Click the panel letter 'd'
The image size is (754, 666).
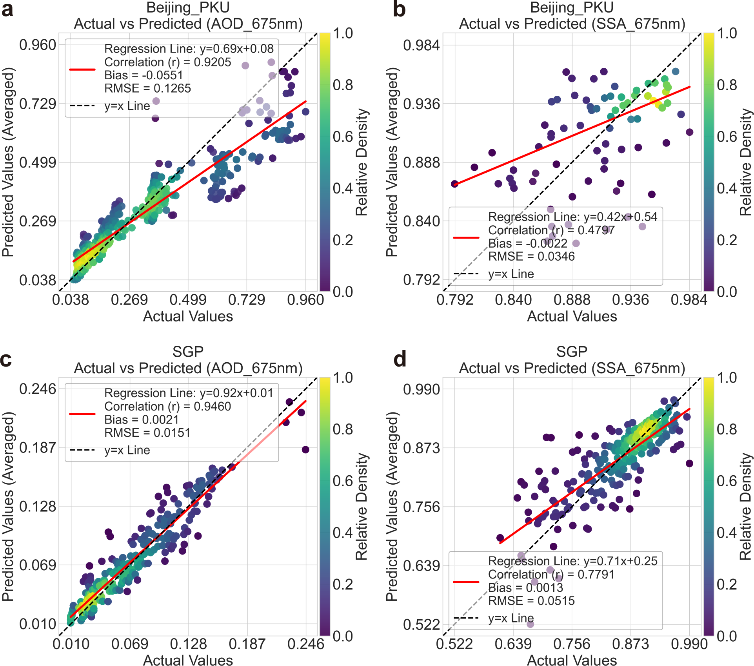point(400,359)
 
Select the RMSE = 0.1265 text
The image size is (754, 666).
point(147,88)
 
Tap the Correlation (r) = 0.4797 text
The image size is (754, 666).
point(551,230)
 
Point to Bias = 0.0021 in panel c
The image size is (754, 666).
point(142,420)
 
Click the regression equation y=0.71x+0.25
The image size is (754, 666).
point(620,561)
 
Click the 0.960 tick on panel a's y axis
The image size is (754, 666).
point(38,45)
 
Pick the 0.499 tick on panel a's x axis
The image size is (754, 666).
point(188,300)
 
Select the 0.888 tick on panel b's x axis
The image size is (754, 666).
point(572,300)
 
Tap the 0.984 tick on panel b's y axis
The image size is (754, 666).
point(422,45)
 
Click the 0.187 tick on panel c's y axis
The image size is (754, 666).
point(38,448)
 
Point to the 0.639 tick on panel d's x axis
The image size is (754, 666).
point(513,644)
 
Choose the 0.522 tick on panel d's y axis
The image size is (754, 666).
point(422,624)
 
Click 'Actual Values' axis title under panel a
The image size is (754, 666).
point(188,316)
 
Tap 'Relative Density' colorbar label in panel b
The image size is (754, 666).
point(745,162)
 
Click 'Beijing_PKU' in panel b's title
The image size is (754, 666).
point(572,7)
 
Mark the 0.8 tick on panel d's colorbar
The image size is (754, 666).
point(727,429)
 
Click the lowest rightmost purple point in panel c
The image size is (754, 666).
point(305,449)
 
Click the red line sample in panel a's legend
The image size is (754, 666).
point(82,69)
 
